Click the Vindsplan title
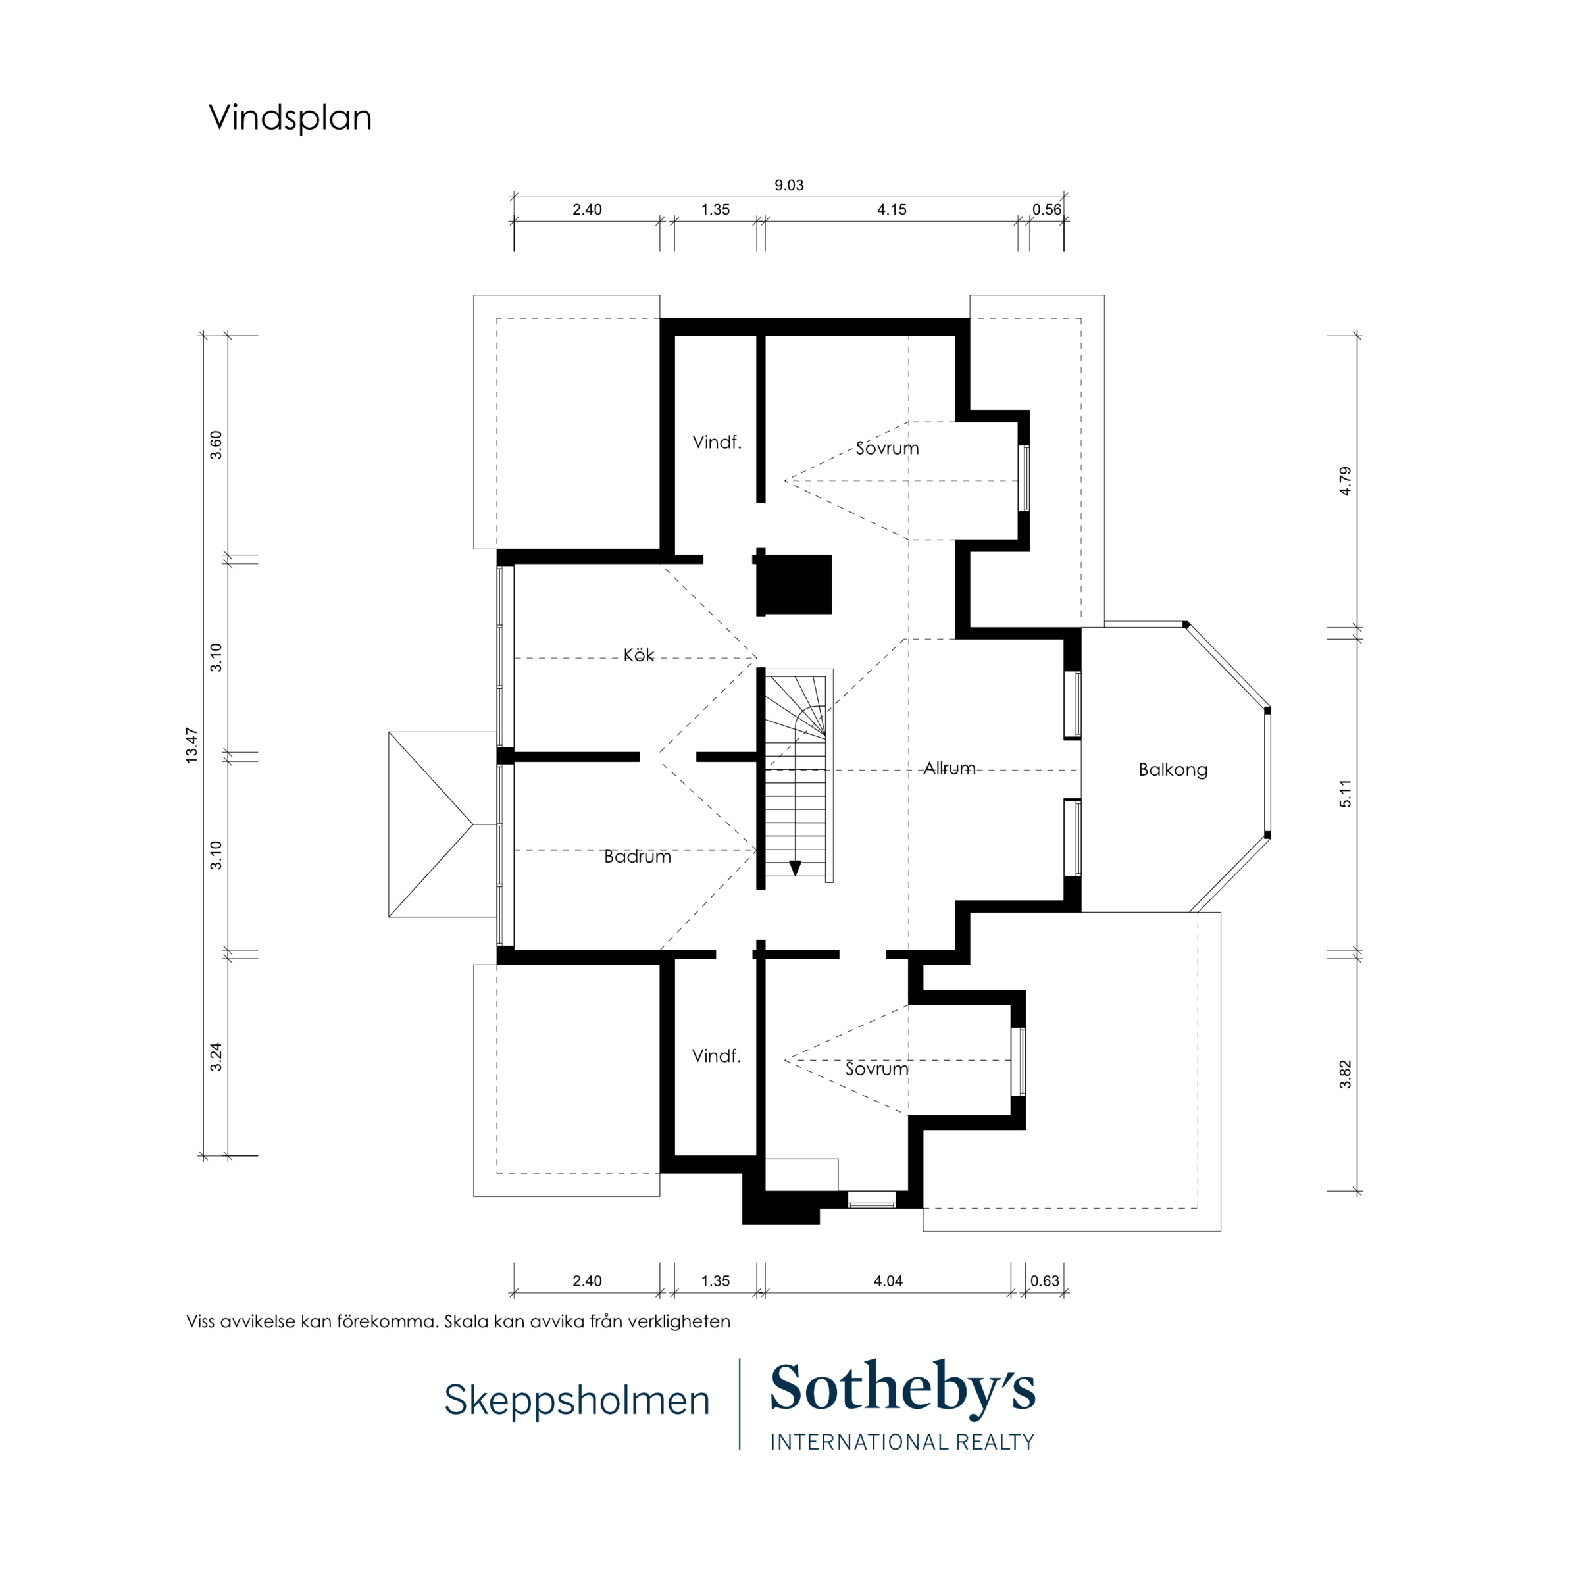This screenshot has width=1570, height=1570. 290,118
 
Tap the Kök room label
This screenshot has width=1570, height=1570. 639,655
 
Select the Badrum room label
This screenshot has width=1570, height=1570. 637,857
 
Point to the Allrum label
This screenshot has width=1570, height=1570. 949,768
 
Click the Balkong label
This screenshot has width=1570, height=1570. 1173,770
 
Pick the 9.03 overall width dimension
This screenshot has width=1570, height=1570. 788,186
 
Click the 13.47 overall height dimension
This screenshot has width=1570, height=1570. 191,745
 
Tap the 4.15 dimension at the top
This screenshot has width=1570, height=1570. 892,210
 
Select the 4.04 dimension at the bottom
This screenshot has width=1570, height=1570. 888,1280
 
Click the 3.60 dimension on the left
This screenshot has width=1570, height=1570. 216,445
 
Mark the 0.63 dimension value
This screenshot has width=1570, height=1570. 1044,1280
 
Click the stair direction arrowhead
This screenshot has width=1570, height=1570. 795,868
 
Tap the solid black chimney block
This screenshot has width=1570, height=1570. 794,584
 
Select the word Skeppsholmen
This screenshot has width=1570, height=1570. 577,1400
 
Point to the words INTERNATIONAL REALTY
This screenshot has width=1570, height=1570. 902,1442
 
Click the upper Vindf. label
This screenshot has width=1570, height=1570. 717,442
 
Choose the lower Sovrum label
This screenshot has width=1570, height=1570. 877,1069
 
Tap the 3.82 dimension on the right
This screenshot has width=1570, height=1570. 1346,1075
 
